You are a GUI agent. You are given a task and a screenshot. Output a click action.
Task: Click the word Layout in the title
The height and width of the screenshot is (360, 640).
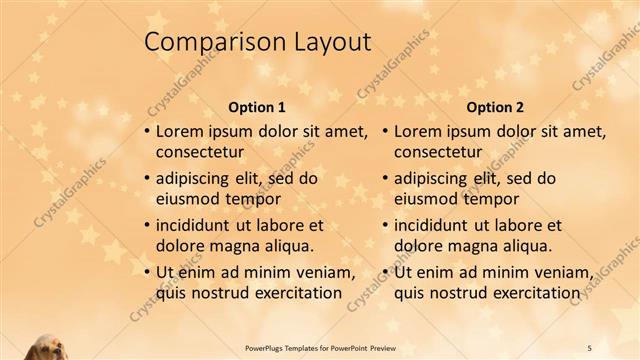point(324,42)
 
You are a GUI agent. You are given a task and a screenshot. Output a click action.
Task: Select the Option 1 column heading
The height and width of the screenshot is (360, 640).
point(257,106)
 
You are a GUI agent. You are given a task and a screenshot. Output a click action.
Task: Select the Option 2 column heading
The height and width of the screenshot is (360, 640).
point(495,106)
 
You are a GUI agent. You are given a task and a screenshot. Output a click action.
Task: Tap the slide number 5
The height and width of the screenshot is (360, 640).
point(590,345)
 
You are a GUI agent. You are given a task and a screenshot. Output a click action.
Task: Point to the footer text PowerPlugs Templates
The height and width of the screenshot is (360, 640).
point(287,345)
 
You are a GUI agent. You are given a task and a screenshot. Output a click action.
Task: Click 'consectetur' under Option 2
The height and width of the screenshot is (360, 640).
point(439,152)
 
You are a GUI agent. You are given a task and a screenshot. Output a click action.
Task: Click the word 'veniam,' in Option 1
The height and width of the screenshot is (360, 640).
point(325,272)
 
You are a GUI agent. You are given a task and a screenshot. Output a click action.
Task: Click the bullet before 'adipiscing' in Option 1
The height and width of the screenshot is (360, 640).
point(147,179)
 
